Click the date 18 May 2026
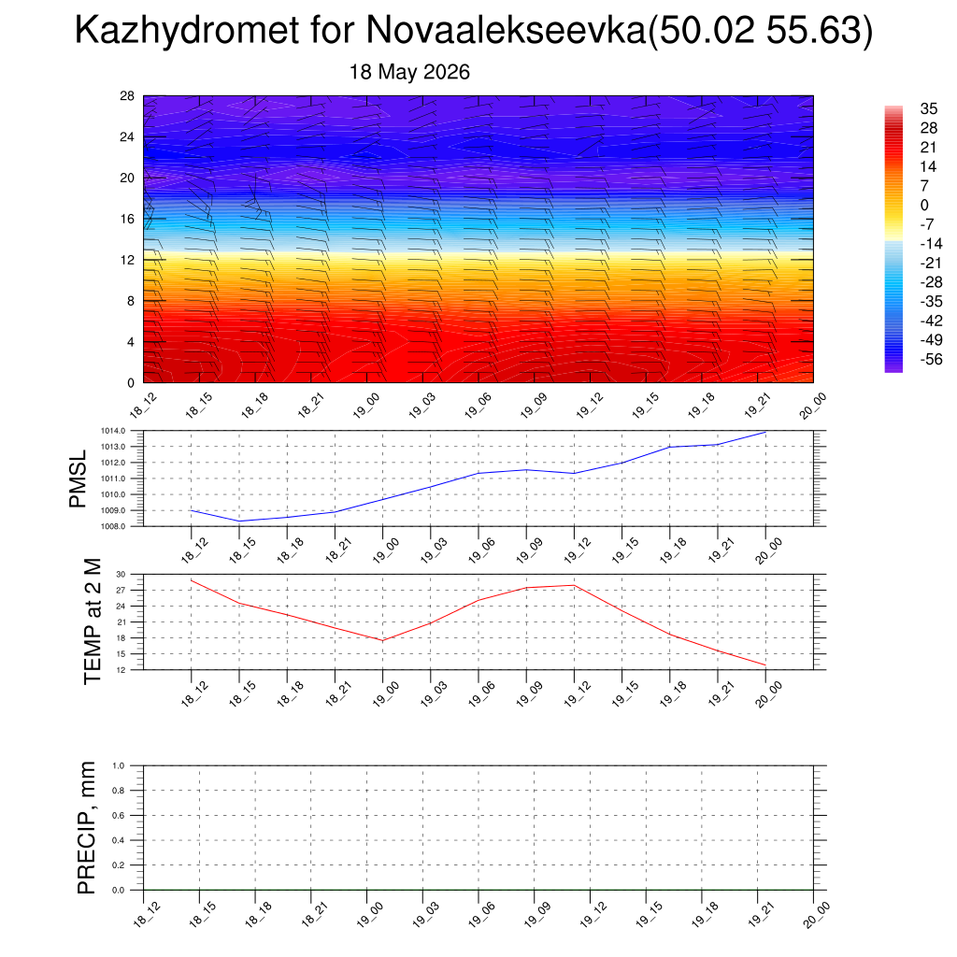click(x=409, y=72)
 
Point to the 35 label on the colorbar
click(x=928, y=108)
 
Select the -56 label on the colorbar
click(x=932, y=359)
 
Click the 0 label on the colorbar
click(x=924, y=205)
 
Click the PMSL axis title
click(x=79, y=479)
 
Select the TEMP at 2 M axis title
click(x=93, y=621)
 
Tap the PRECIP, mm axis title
click(x=87, y=828)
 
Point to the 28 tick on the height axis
click(x=127, y=96)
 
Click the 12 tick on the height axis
click(x=127, y=260)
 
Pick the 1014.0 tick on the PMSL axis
click(x=113, y=431)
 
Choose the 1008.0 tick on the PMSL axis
click(x=113, y=526)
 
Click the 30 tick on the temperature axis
click(x=121, y=575)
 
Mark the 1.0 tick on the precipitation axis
click(x=119, y=765)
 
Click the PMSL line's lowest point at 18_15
click(x=239, y=521)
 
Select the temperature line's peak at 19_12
click(x=575, y=585)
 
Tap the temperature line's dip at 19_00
click(x=382, y=640)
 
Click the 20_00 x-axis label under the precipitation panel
click(x=816, y=915)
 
